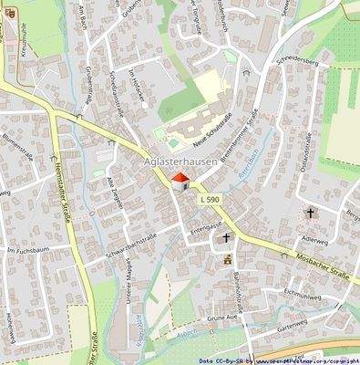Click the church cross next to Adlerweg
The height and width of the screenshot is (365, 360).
click(x=310, y=214)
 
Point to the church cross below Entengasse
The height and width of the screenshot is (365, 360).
click(x=225, y=236)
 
